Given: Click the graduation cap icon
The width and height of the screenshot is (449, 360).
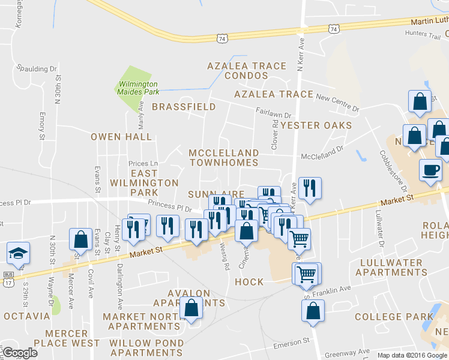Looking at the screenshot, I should click(x=19, y=253).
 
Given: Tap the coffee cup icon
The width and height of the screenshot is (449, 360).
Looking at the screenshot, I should click(x=430, y=170).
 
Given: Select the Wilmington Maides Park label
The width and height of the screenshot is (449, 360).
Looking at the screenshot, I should click(x=138, y=88).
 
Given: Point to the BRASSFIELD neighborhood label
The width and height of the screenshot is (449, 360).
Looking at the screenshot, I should click(x=184, y=107).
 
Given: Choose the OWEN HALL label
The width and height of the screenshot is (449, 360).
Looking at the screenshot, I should click(x=121, y=137).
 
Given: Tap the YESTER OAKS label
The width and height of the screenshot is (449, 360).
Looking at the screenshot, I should click(x=316, y=125).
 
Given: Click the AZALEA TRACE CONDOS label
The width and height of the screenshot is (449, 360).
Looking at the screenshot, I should click(x=238, y=70).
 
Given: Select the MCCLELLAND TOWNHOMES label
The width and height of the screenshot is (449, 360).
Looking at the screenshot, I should click(x=223, y=158).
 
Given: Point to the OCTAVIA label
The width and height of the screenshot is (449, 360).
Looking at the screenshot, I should click(x=26, y=316).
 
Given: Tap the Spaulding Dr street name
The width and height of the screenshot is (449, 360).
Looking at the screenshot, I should click(x=37, y=69).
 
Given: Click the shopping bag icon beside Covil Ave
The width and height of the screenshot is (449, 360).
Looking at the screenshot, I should click(x=80, y=240).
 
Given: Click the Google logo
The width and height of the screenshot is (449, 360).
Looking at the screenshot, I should click(x=19, y=353).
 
